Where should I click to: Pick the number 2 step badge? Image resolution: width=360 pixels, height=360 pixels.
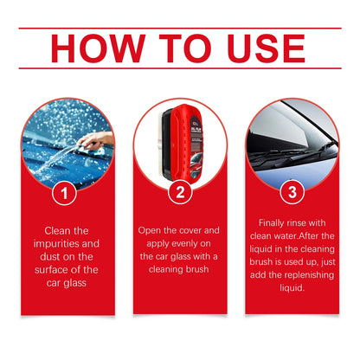180,193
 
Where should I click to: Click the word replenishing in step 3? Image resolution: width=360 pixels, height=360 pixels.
308,273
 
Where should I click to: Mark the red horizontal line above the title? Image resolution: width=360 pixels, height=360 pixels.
180,29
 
